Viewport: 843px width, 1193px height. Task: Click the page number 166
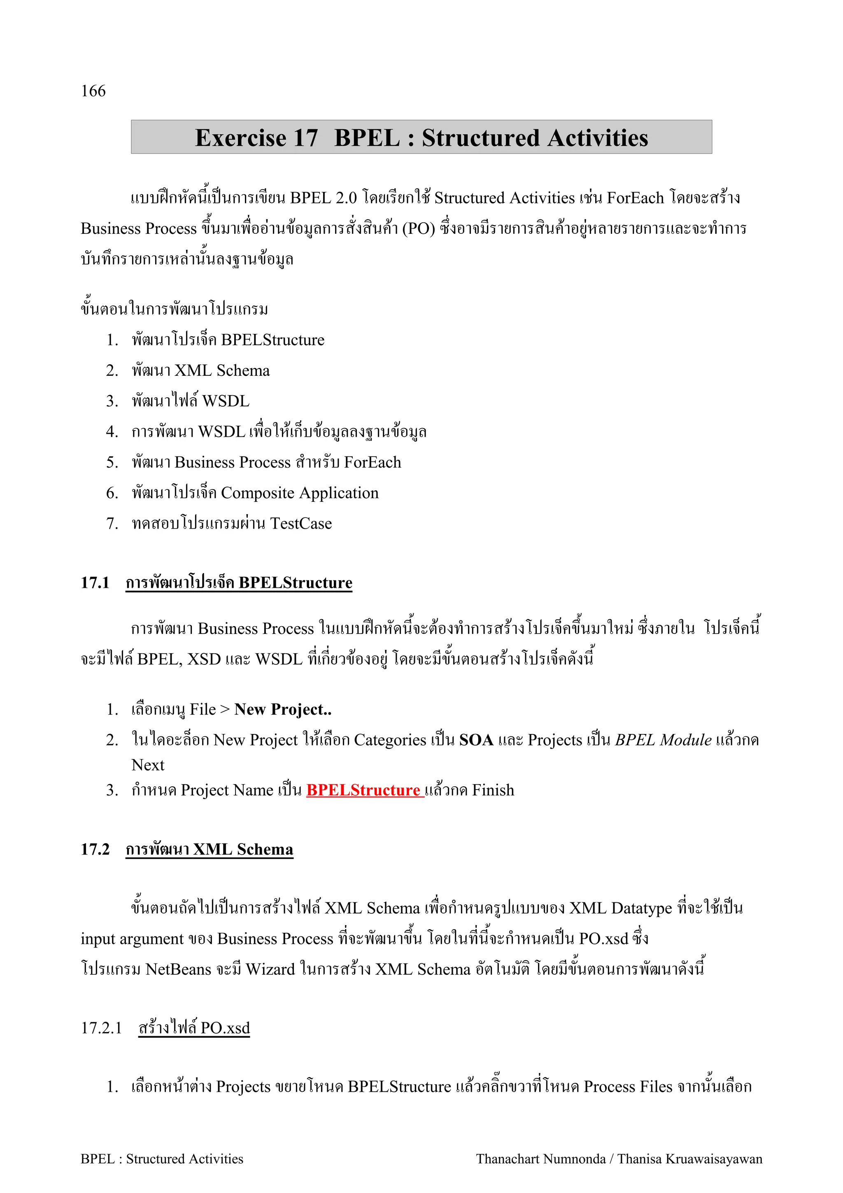(93, 91)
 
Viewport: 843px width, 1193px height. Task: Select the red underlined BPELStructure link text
(365, 790)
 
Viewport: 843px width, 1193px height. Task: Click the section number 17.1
(95, 583)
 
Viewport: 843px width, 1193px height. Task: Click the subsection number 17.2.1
(101, 1028)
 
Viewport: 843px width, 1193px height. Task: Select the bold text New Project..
(282, 709)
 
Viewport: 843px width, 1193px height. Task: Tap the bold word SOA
(476, 739)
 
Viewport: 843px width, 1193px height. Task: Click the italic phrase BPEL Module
(663, 739)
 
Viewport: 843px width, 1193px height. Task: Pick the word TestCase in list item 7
(301, 523)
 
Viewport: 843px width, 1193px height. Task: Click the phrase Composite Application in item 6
(300, 493)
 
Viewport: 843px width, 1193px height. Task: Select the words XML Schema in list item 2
(222, 370)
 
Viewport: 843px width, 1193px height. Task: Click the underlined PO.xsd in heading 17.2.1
(226, 1028)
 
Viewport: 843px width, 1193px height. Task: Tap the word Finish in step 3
(493, 790)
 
